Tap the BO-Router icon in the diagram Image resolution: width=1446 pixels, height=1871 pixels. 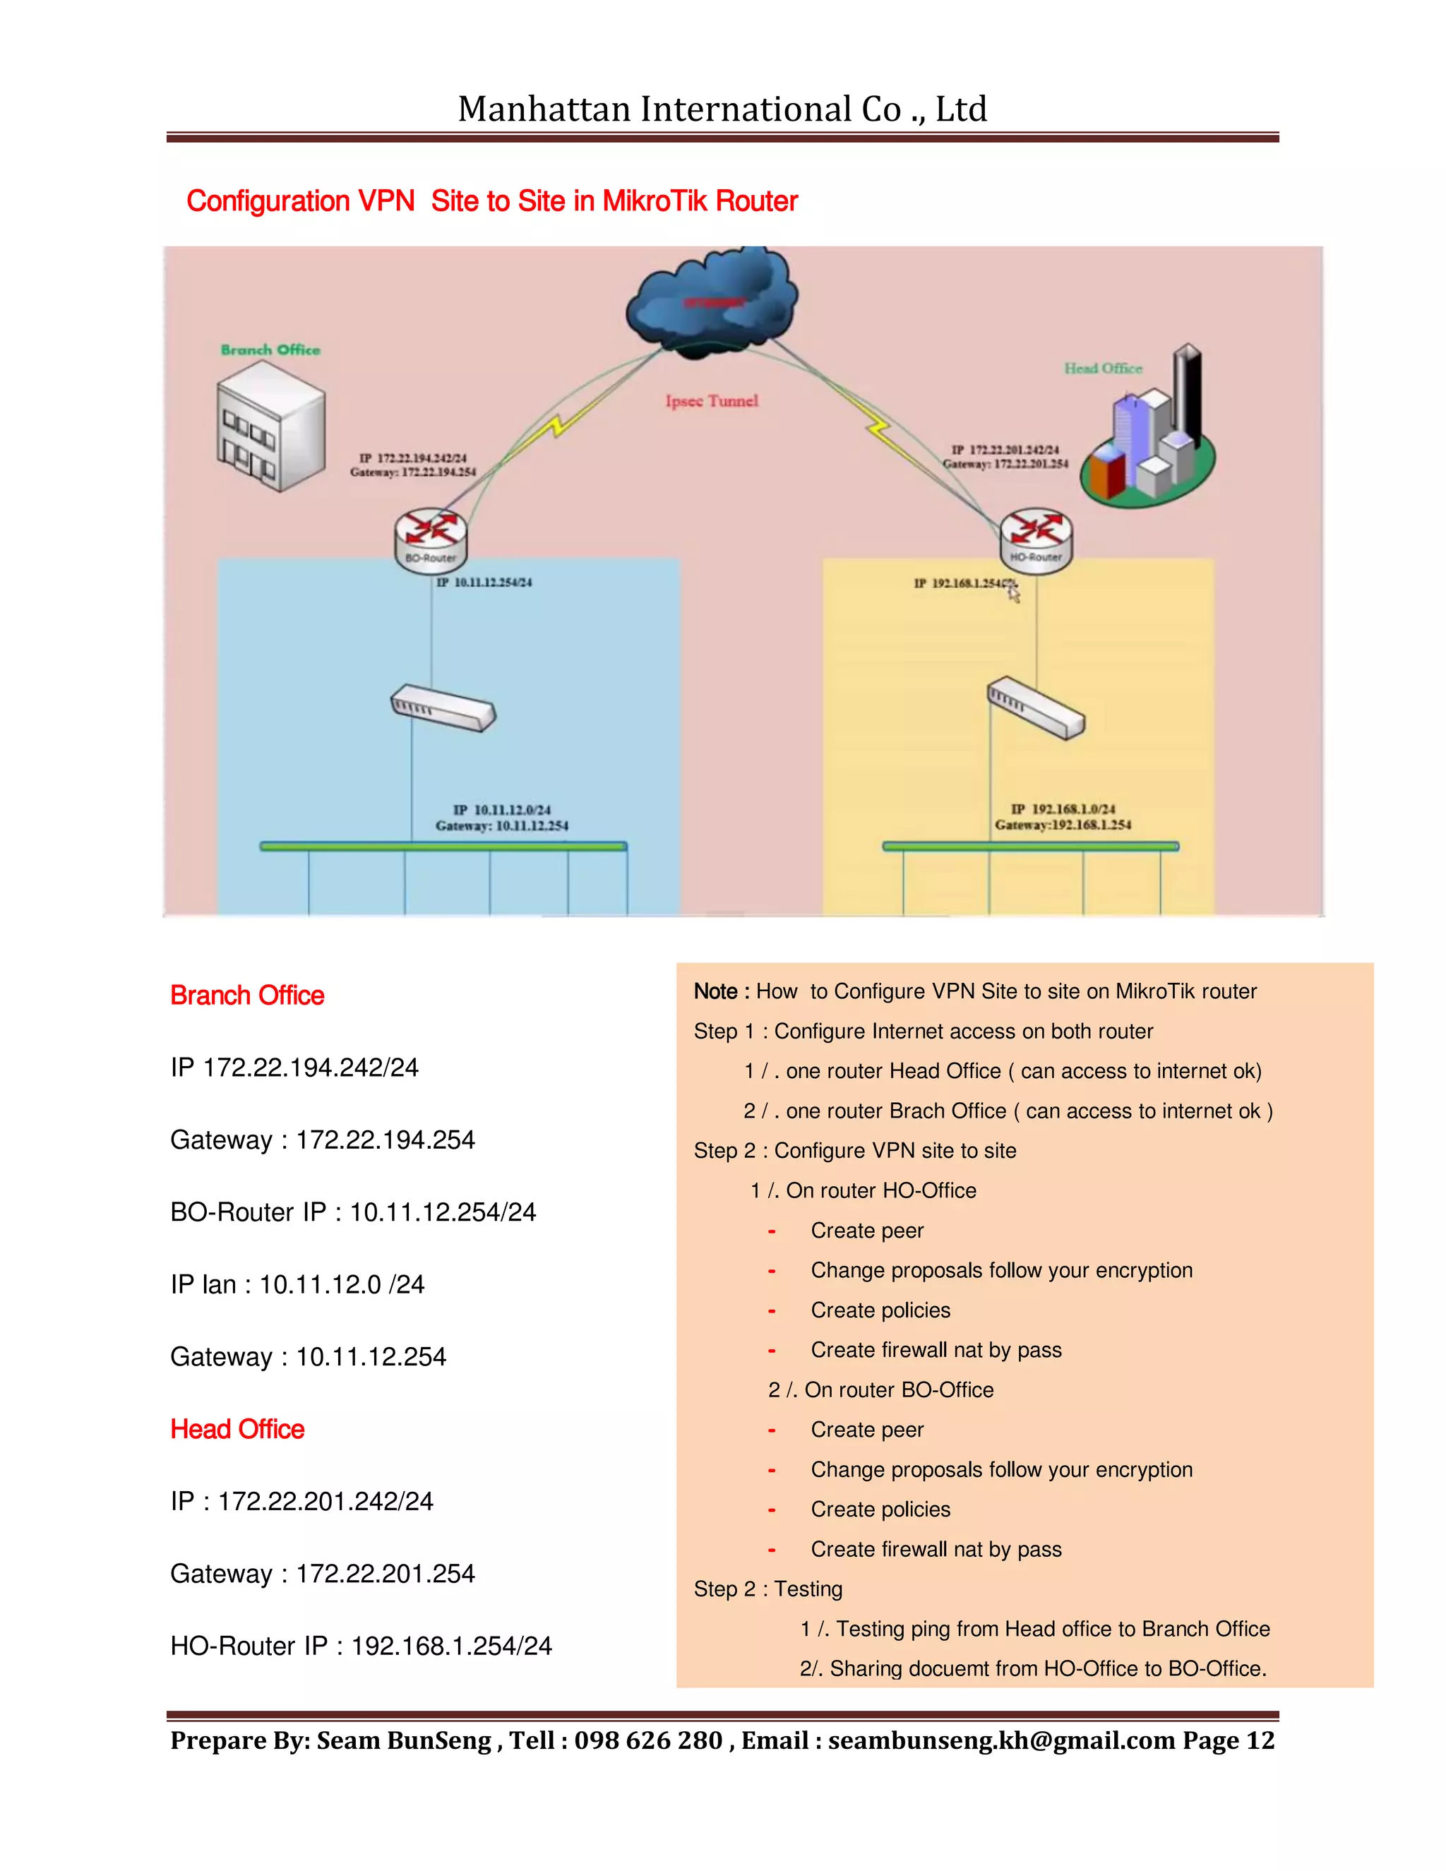click(431, 538)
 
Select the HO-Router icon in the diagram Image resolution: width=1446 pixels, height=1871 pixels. click(1036, 538)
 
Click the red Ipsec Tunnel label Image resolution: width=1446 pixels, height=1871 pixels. click(712, 401)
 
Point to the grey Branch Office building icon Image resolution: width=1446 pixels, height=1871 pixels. click(270, 426)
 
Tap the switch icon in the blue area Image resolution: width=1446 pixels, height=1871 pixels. click(443, 707)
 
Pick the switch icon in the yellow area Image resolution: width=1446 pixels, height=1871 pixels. click(1036, 708)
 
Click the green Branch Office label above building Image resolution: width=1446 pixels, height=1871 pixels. click(270, 349)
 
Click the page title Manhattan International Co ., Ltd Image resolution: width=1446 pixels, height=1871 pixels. click(722, 109)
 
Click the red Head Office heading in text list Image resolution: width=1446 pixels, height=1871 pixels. click(237, 1429)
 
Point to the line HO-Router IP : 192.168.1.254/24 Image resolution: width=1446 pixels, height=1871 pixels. click(361, 1646)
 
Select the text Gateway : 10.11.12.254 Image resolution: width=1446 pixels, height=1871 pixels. click(309, 1357)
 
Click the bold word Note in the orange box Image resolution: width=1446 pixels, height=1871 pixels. click(715, 991)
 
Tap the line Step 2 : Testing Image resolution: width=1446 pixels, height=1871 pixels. click(767, 1589)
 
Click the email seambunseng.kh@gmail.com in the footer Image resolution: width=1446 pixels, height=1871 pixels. click(1000, 1741)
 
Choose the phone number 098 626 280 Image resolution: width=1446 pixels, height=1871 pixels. click(648, 1741)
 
